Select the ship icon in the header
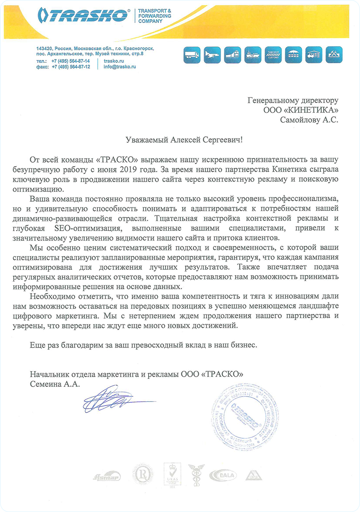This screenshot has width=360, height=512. (254, 55)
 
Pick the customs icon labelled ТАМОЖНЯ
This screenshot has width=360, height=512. (274, 55)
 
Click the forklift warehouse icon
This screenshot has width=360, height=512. (315, 55)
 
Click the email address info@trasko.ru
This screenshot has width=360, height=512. (119, 67)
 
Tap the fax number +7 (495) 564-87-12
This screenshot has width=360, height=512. (71, 67)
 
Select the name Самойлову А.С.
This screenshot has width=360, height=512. (309, 119)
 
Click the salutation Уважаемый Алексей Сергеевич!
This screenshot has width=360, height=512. (180, 140)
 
